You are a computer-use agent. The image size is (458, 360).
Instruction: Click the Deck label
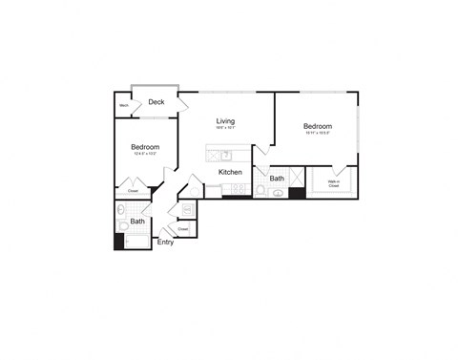tap(156, 102)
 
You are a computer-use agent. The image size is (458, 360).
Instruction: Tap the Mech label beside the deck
tap(124, 106)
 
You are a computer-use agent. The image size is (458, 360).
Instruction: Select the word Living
tap(225, 121)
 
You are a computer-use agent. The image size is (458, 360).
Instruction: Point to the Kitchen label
tap(230, 172)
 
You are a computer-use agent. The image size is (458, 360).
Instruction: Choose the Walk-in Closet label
tap(333, 184)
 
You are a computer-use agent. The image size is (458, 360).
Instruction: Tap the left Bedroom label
tap(145, 146)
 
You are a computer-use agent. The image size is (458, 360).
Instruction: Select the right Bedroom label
tap(317, 126)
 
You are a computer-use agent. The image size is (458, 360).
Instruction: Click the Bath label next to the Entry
tap(138, 222)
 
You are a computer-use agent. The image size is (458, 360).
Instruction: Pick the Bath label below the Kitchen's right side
tap(277, 178)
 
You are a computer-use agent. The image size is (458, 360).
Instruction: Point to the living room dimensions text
tap(225, 129)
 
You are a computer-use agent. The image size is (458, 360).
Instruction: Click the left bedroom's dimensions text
tap(145, 154)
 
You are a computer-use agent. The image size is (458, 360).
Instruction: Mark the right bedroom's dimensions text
tap(317, 134)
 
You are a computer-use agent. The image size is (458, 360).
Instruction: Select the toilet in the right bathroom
tap(260, 191)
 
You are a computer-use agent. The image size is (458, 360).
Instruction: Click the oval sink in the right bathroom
tap(278, 193)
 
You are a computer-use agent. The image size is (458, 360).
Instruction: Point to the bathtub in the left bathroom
tap(139, 242)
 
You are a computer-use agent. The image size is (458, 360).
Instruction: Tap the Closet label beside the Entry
tap(181, 229)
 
